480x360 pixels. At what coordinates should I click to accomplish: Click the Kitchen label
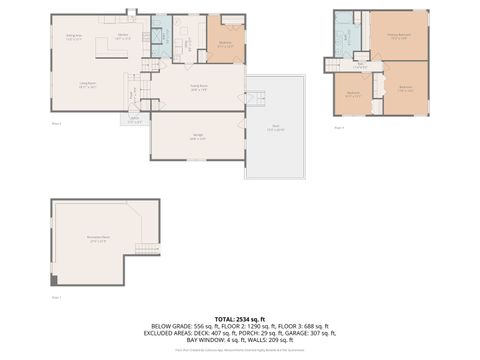[x=123, y=36]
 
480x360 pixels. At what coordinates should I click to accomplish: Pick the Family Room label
[x=197, y=87]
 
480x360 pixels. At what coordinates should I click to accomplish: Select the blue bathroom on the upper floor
[x=346, y=38]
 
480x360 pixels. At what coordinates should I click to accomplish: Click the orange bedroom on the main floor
[x=226, y=43]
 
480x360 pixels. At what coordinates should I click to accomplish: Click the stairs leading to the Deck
[x=256, y=98]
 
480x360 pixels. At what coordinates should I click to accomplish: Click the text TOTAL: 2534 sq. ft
[x=239, y=318]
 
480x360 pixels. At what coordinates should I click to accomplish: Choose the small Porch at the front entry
[x=135, y=120]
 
